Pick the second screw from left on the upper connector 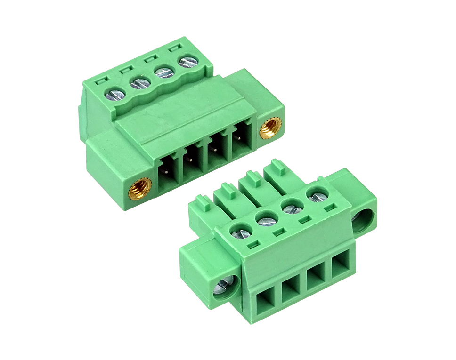click(139, 83)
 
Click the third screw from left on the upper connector click(165, 73)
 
